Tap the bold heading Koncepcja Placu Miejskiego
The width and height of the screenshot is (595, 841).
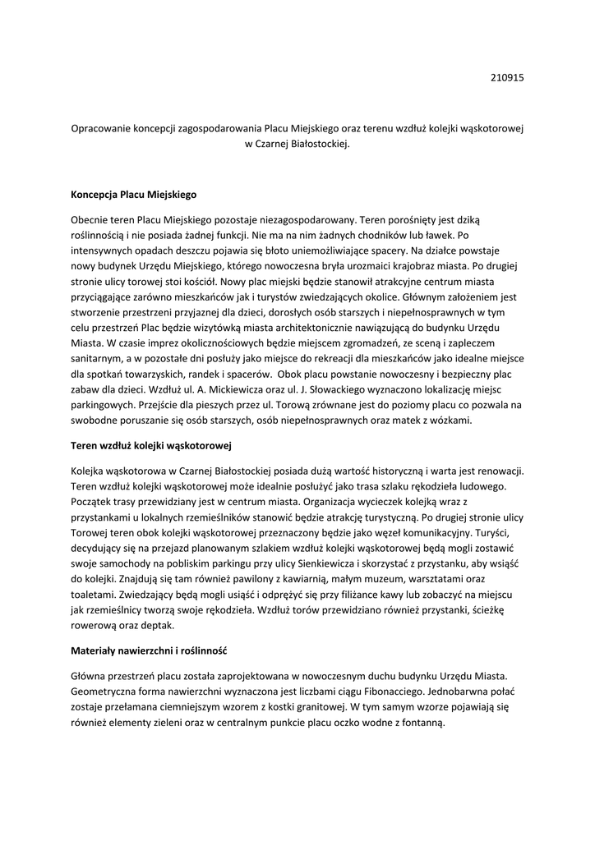pyautogui.click(x=134, y=195)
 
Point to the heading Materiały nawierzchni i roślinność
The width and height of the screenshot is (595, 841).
pyautogui.click(x=149, y=650)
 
